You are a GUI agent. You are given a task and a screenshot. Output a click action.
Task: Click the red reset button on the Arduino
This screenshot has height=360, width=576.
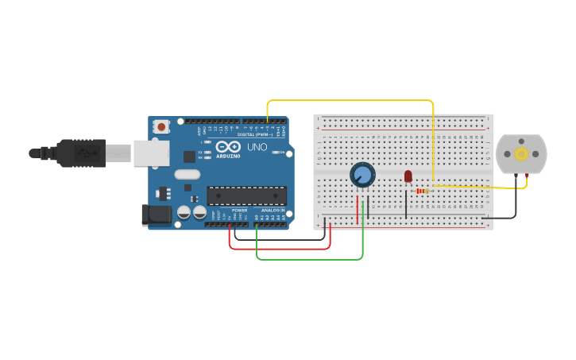(x=162, y=126)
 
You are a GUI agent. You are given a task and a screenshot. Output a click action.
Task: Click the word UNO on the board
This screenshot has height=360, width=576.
(x=257, y=147)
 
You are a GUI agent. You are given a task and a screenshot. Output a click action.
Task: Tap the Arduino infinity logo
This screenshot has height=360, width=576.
(x=227, y=147)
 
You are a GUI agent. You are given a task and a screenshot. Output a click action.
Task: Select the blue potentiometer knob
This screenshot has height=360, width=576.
(x=362, y=175)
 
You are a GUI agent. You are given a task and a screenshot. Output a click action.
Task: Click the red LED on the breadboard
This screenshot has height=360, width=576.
(x=408, y=176)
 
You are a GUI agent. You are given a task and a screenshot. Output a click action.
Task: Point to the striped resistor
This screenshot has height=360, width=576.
(x=422, y=191)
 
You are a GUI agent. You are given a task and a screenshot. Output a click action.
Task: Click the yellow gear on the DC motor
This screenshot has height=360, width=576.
(x=521, y=154)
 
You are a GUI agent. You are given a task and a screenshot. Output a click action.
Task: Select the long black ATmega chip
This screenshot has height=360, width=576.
(x=246, y=195)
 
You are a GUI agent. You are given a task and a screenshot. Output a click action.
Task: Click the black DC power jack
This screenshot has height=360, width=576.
(x=156, y=214)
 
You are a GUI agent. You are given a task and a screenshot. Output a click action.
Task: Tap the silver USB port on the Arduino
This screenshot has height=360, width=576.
(x=151, y=153)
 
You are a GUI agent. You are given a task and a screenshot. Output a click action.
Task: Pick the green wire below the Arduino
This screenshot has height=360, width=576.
(x=310, y=259)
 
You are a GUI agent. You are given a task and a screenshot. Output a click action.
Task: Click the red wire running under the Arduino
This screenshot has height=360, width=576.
(x=278, y=249)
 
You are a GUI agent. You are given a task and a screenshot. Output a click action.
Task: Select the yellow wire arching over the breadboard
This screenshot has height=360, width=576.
(x=350, y=101)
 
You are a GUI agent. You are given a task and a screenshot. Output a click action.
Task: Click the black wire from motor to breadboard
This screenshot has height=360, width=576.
(x=508, y=217)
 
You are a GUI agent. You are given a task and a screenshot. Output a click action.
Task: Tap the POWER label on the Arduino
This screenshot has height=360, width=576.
(x=239, y=210)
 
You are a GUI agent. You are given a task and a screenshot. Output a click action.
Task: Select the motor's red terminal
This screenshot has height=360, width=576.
(x=527, y=175)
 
